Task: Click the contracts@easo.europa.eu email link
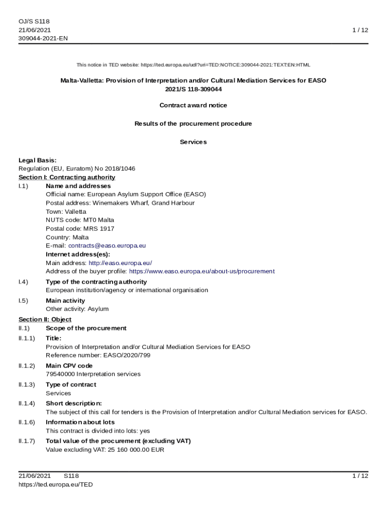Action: point(107,246)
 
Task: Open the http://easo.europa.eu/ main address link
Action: point(120,263)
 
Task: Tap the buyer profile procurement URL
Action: point(202,272)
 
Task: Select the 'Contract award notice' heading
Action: point(193,106)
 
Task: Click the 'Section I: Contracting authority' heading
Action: point(67,178)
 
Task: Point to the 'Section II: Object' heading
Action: point(45,319)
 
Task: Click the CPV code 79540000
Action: point(60,374)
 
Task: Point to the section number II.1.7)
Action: point(27,441)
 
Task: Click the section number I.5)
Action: point(23,301)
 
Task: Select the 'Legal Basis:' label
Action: point(38,160)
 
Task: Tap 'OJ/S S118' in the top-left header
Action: point(34,22)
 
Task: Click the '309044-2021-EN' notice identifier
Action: point(43,39)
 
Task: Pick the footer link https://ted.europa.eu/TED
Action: point(56,485)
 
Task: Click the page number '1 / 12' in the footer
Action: point(360,476)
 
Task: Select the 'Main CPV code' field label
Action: point(69,366)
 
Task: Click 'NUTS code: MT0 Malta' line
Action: point(80,220)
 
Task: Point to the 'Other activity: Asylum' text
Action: point(77,309)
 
